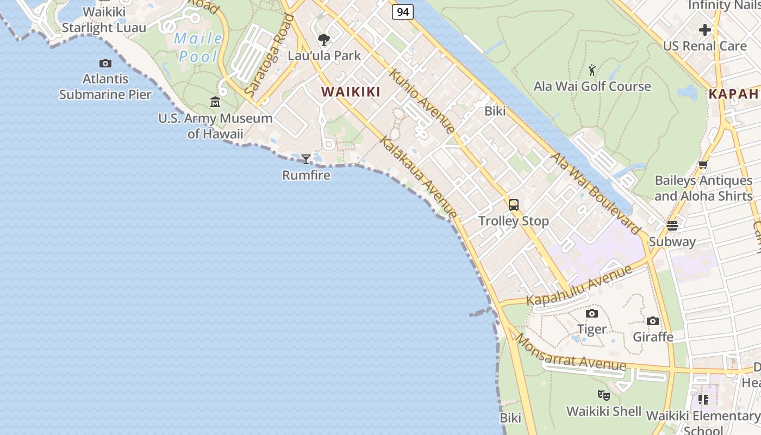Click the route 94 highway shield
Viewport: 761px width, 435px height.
point(402,12)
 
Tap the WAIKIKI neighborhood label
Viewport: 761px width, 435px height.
point(351,92)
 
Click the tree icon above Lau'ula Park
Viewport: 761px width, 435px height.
point(324,40)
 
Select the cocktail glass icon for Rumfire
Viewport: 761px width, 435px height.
point(306,159)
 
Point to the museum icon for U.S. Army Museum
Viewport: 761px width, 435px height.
point(215,102)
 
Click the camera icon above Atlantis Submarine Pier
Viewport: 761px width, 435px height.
point(105,64)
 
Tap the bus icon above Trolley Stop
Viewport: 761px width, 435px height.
point(513,205)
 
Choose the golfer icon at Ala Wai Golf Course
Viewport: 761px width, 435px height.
point(592,70)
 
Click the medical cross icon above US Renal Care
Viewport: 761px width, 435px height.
point(704,29)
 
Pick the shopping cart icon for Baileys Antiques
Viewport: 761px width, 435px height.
point(703,165)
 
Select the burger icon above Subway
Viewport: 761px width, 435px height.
point(672,226)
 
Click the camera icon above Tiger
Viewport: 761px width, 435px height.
point(591,313)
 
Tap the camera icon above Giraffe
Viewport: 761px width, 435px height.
point(653,321)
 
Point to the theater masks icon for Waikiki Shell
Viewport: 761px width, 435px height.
point(603,395)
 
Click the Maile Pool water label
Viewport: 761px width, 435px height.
point(198,47)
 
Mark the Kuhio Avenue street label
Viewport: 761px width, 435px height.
point(422,101)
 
